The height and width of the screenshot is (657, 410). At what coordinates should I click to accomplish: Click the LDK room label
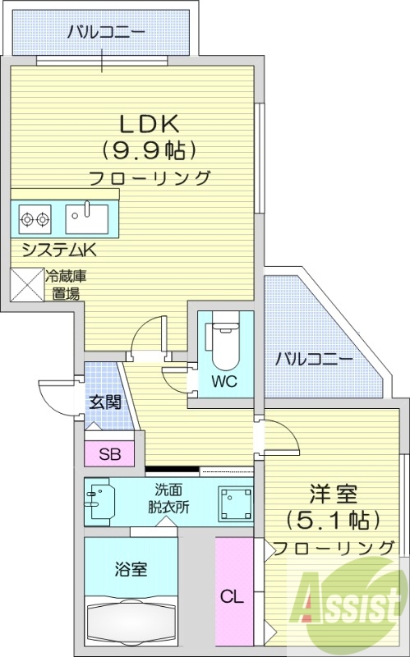click(150, 123)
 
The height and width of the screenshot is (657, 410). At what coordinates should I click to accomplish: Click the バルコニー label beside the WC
click(313, 359)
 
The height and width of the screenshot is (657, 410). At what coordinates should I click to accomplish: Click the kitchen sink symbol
click(86, 218)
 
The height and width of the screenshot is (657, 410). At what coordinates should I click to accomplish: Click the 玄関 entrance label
click(105, 402)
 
